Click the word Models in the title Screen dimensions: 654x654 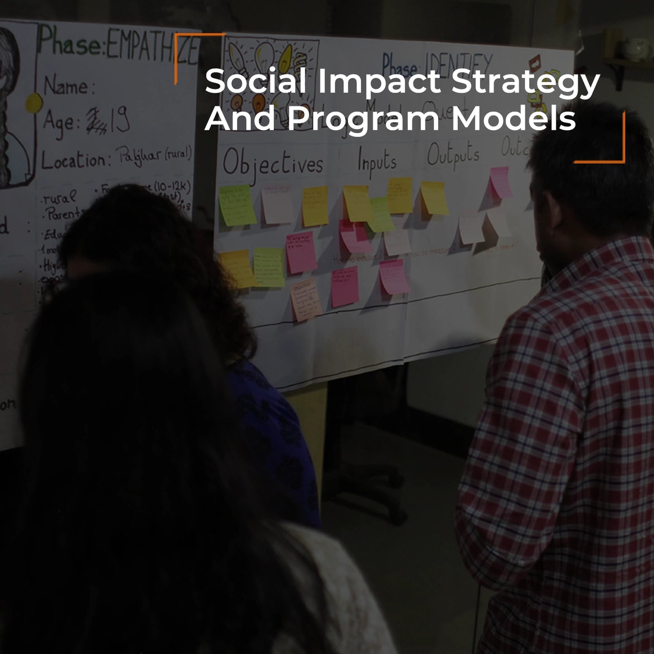[514, 119]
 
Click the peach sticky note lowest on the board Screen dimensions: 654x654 [306, 300]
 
